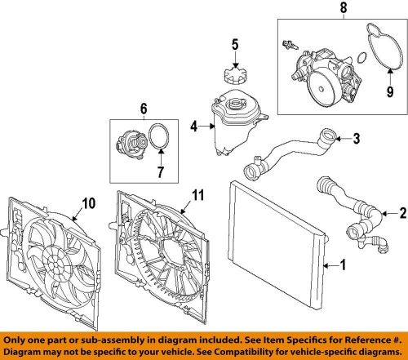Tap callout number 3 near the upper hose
357,140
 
